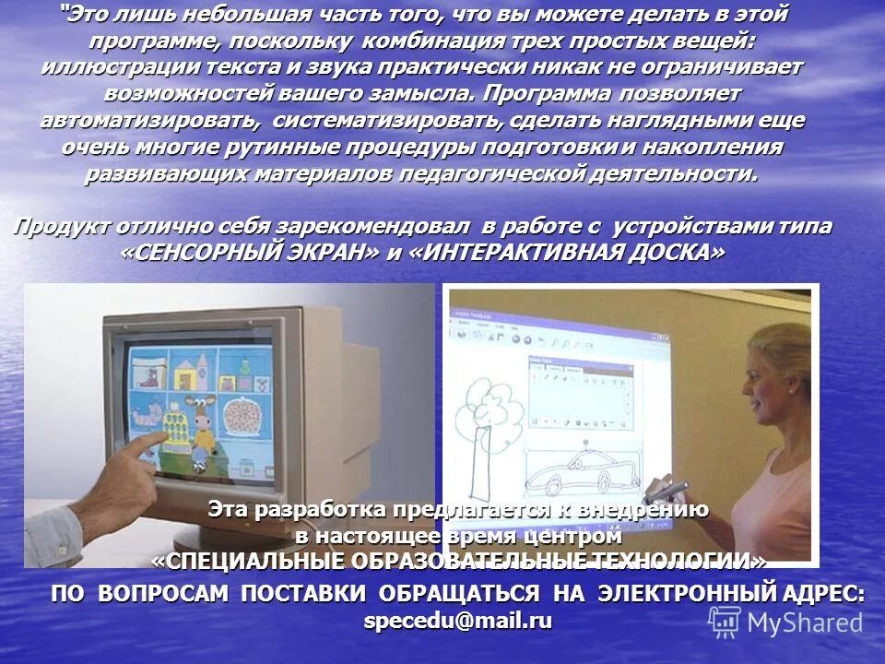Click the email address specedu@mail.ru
tap(458, 622)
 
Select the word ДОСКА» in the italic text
tap(674, 254)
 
